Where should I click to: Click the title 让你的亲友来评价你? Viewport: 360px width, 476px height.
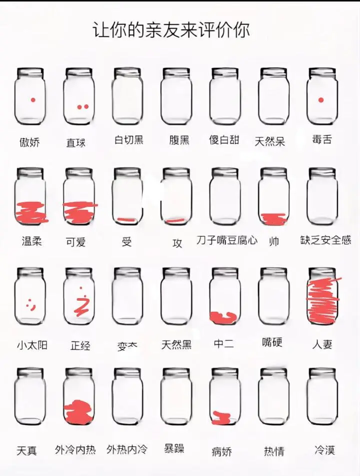click(x=171, y=30)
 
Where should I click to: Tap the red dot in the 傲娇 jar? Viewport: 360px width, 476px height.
click(x=33, y=100)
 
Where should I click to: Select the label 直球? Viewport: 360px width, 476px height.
click(x=76, y=143)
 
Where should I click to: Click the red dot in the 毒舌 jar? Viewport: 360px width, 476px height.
click(x=321, y=100)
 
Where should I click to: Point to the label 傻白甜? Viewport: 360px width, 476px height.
click(x=224, y=140)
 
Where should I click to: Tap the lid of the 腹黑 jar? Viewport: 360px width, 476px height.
click(x=176, y=73)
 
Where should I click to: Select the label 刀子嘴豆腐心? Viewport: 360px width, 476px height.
click(x=227, y=240)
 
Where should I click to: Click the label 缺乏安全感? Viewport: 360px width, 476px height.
click(x=325, y=240)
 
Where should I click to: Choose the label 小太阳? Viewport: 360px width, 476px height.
click(x=32, y=345)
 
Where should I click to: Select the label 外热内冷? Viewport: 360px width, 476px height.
click(x=127, y=450)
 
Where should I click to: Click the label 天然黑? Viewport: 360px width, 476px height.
click(x=176, y=345)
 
